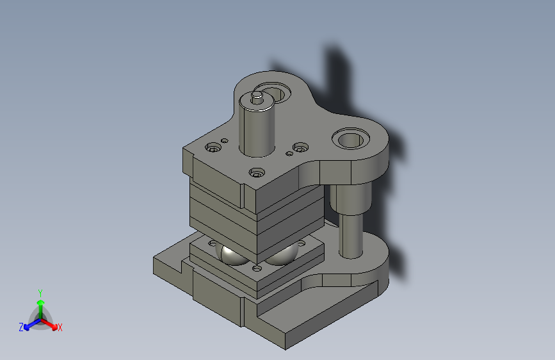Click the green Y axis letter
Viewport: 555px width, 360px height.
pos(40,293)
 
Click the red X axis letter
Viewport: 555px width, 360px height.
pos(60,327)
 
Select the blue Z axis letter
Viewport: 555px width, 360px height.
pos(21,327)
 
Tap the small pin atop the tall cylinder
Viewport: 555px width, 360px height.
pos(257,97)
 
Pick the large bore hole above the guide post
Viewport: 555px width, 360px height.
pos(350,139)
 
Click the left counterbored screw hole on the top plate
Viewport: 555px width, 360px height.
pos(213,147)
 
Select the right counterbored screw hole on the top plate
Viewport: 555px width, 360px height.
pos(300,147)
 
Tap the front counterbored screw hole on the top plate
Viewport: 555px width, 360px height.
pos(257,173)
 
